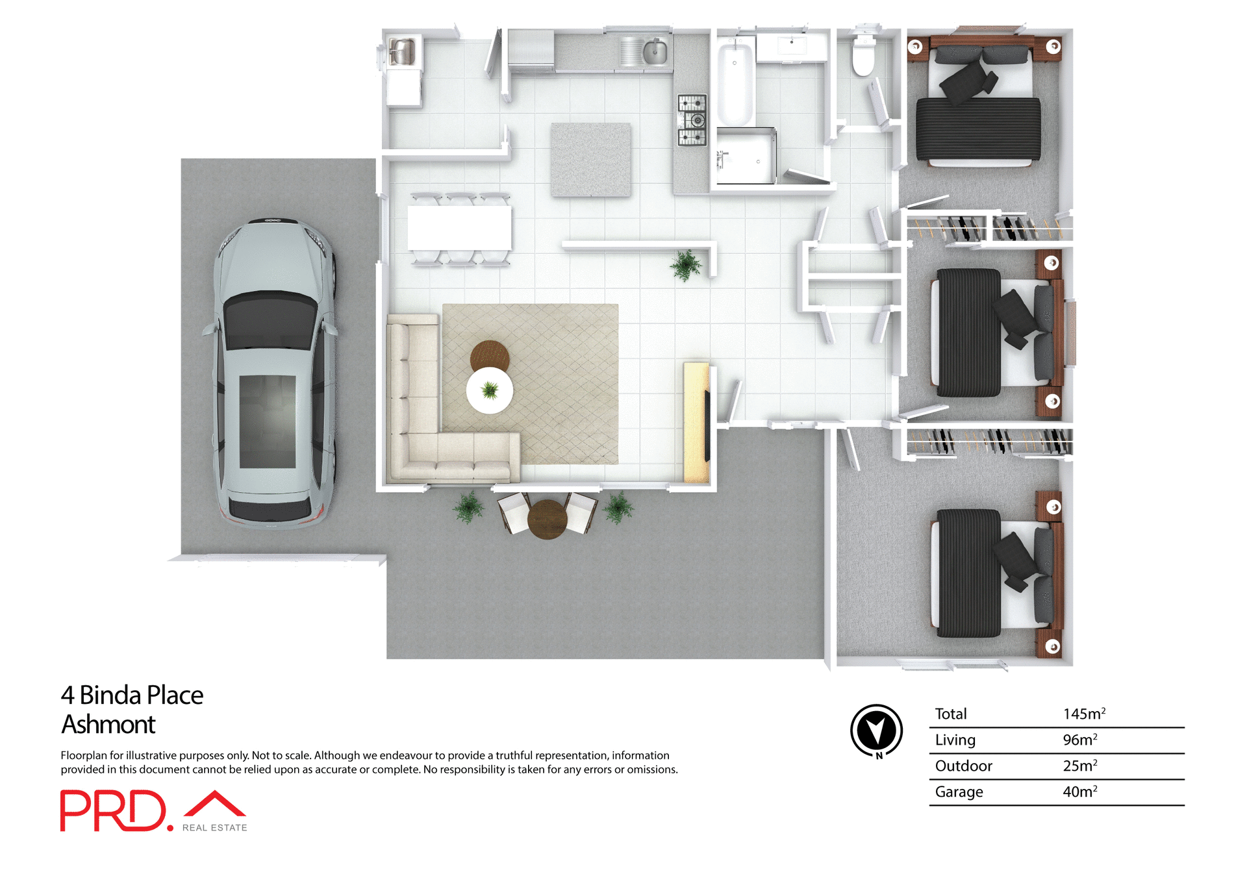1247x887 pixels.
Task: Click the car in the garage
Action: [274, 373]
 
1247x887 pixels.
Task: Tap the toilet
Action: [863, 57]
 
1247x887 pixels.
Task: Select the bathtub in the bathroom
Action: [735, 81]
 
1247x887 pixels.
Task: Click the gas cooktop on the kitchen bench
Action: [692, 120]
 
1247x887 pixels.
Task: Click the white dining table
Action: [459, 227]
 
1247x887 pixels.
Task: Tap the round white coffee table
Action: [490, 390]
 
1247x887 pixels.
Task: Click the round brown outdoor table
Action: [548, 519]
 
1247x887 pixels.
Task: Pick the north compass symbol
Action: [877, 731]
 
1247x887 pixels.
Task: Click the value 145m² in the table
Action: [1083, 714]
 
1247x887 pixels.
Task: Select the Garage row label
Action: [959, 792]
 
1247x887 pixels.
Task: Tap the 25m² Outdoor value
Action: [1079, 766]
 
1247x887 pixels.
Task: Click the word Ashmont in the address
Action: [108, 725]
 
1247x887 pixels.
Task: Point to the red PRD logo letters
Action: [114, 810]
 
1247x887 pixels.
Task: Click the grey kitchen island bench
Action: [591, 159]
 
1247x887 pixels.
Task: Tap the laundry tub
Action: [402, 52]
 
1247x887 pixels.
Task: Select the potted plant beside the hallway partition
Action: [686, 265]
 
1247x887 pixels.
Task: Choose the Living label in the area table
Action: [955, 740]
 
